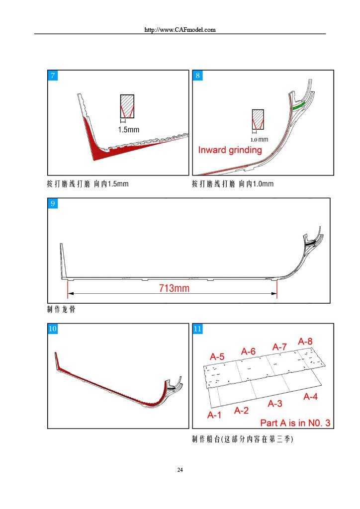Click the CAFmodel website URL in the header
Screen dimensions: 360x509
pyautogui.click(x=180, y=30)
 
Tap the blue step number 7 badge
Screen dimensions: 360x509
pyautogui.click(x=53, y=76)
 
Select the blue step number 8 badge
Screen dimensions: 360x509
pyautogui.click(x=198, y=76)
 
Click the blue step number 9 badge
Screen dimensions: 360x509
pyautogui.click(x=53, y=203)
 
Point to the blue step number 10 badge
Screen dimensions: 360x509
pyautogui.click(x=53, y=329)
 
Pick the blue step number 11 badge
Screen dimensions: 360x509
pyautogui.click(x=198, y=329)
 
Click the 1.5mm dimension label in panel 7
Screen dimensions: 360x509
pyautogui.click(x=129, y=130)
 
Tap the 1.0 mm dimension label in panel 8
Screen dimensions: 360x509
pyautogui.click(x=259, y=140)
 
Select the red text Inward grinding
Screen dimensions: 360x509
pyautogui.click(x=230, y=150)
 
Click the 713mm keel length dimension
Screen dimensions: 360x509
pyautogui.click(x=174, y=288)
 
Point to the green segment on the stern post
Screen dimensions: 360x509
pyautogui.click(x=299, y=105)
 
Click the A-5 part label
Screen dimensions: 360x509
pyautogui.click(x=217, y=357)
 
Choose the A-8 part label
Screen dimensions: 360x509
pyautogui.click(x=305, y=341)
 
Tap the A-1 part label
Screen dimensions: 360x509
pyautogui.click(x=214, y=415)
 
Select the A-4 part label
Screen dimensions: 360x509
pyautogui.click(x=310, y=397)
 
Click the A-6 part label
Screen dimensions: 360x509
pyautogui.click(x=248, y=351)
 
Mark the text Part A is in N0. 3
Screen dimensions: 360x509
pyautogui.click(x=295, y=423)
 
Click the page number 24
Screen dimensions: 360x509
pyautogui.click(x=180, y=470)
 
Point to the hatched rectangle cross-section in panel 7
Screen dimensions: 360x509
pyautogui.click(x=127, y=106)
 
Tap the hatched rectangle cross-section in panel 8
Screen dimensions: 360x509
pyautogui.click(x=258, y=119)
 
